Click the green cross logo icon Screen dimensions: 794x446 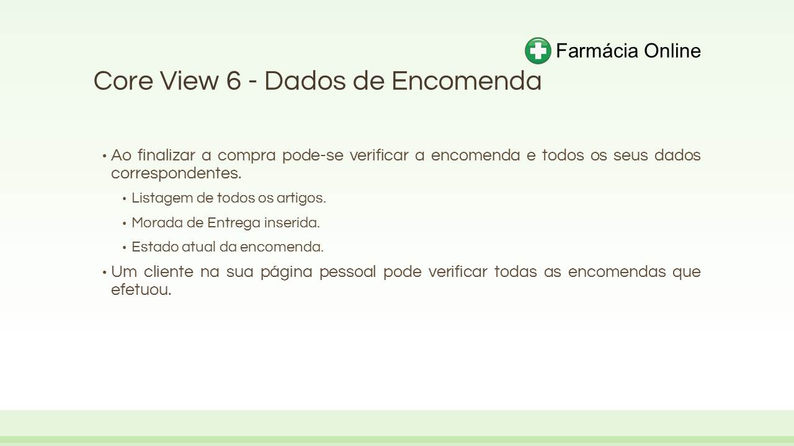[538, 51]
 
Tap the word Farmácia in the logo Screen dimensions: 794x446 [597, 50]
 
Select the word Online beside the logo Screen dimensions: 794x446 [672, 50]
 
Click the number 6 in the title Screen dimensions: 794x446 [233, 81]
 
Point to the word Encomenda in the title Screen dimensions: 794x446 [466, 81]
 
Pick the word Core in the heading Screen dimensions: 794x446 [123, 81]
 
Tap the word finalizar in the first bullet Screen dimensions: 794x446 [166, 155]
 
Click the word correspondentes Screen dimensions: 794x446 [176, 174]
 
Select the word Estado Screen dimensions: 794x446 [154, 247]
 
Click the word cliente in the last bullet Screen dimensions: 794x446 [169, 271]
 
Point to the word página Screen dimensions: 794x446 [287, 273]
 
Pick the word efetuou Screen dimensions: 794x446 [141, 289]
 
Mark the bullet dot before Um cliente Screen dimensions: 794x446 [104, 273]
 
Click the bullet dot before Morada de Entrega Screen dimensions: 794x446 [125, 224]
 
